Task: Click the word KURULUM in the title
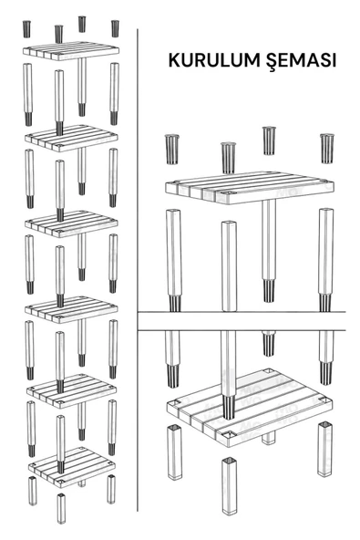click(x=214, y=60)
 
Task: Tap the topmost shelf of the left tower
click(x=71, y=51)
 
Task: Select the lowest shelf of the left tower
click(x=72, y=467)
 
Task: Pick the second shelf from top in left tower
click(x=71, y=139)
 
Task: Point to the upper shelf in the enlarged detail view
click(x=249, y=188)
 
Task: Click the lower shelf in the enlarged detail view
click(x=250, y=408)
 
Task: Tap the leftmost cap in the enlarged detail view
click(x=171, y=149)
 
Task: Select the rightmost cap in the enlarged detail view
click(x=326, y=148)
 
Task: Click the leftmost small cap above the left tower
click(x=26, y=29)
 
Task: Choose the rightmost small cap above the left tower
click(x=115, y=28)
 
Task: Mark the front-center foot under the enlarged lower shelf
click(x=230, y=485)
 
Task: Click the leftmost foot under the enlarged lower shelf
click(x=174, y=452)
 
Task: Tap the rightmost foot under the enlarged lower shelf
click(x=324, y=449)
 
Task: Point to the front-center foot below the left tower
click(x=61, y=508)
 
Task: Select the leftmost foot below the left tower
click(x=32, y=491)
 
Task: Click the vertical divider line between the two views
click(x=138, y=270)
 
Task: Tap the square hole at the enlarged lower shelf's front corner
click(x=229, y=435)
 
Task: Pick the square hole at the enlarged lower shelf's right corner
click(x=324, y=400)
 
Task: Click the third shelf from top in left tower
click(x=71, y=223)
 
